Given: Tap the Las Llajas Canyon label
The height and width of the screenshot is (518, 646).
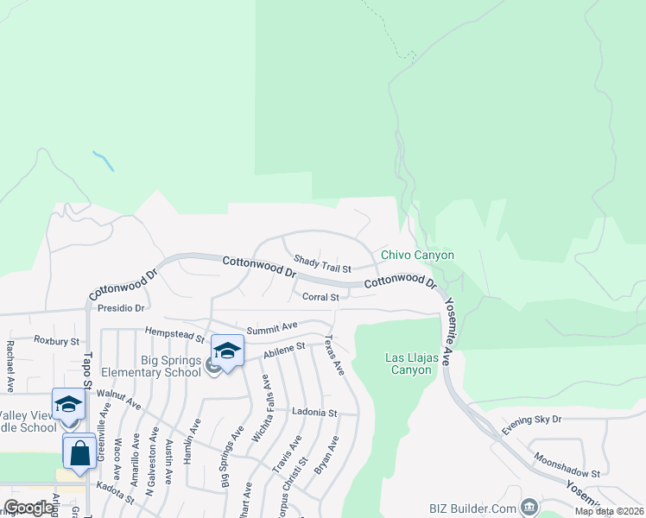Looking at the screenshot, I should tap(408, 363).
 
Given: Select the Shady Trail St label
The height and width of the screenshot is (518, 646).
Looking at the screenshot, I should tap(321, 262).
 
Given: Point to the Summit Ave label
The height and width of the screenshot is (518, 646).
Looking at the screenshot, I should tap(271, 328).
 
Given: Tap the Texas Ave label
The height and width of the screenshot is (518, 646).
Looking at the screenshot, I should tap(335, 356).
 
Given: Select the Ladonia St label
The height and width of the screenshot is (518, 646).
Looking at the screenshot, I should tap(313, 413).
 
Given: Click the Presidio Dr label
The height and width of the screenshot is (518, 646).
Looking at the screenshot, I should tap(120, 306).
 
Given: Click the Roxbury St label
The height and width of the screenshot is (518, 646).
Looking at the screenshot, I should tap(56, 341).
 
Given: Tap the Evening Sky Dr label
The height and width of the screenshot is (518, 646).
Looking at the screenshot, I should tap(532, 419).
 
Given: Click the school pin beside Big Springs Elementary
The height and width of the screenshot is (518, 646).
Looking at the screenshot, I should tap(227, 351).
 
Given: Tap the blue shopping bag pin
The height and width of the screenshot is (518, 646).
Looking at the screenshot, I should tap(79, 452).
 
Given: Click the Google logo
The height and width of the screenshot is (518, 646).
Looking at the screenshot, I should tap(28, 508).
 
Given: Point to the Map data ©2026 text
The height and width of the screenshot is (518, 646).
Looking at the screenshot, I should tap(610, 512).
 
